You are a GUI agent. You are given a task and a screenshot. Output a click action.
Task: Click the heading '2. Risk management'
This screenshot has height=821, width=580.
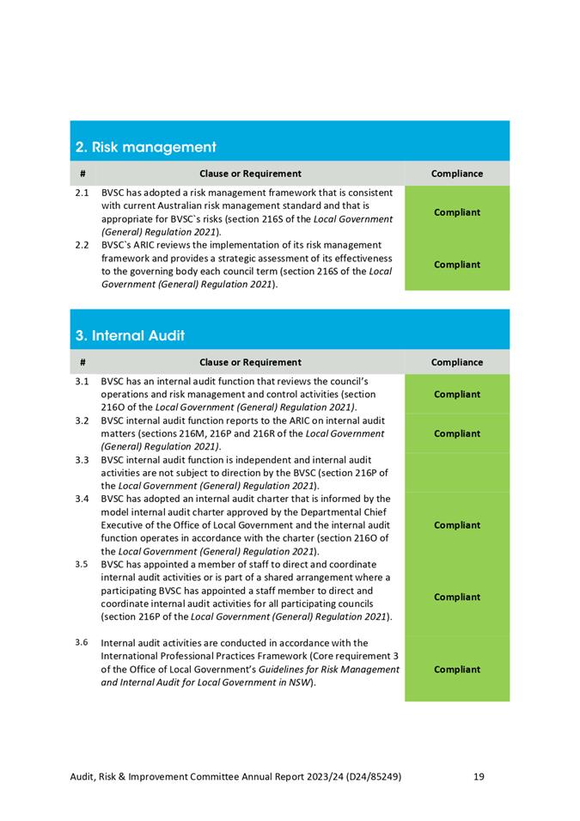coord(145,147)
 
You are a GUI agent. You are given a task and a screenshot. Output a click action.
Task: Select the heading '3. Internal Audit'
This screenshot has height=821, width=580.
coord(131,335)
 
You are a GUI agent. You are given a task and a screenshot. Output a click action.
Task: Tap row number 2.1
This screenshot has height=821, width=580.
coord(82,193)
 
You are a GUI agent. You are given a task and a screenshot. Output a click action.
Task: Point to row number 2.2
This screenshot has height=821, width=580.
coord(82,246)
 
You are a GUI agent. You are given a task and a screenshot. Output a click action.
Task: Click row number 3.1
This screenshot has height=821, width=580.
coord(82,381)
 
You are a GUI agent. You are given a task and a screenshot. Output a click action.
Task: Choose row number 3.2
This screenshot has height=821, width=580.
coord(82,420)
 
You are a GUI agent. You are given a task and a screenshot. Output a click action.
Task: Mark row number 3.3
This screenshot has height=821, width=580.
coord(82,460)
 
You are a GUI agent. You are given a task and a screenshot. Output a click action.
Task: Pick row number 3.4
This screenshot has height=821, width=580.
coord(82,499)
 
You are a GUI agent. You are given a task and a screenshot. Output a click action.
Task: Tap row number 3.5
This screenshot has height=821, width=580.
coord(82,564)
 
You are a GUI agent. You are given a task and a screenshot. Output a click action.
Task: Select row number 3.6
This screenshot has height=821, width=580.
coord(82,642)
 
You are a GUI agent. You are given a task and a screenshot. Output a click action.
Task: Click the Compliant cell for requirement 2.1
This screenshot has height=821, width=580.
coord(457,212)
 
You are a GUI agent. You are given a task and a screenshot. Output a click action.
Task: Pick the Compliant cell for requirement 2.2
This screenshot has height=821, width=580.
coord(457,265)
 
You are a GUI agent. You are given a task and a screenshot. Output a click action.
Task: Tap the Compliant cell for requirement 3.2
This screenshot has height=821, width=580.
coord(457,434)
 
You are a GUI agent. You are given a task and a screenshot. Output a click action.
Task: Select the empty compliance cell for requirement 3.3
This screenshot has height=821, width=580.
coord(457,473)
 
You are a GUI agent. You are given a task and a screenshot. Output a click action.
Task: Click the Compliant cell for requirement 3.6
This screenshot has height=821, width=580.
coord(457,670)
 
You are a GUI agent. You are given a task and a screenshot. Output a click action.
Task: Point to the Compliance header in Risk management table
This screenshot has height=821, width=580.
coord(457,174)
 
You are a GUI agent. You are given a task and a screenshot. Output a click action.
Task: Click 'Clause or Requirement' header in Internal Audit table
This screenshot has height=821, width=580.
coord(250,363)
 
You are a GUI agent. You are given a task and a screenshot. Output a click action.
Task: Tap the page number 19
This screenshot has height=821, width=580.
coord(479,777)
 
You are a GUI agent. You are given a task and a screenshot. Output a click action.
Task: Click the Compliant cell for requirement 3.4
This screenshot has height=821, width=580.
coord(457,525)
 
